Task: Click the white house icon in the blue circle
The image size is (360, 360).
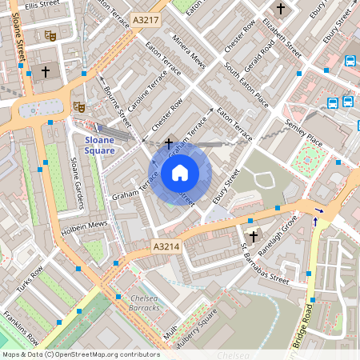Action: [180, 172]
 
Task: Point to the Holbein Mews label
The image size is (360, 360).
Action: [87, 224]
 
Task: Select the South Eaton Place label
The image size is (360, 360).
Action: [246, 90]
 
